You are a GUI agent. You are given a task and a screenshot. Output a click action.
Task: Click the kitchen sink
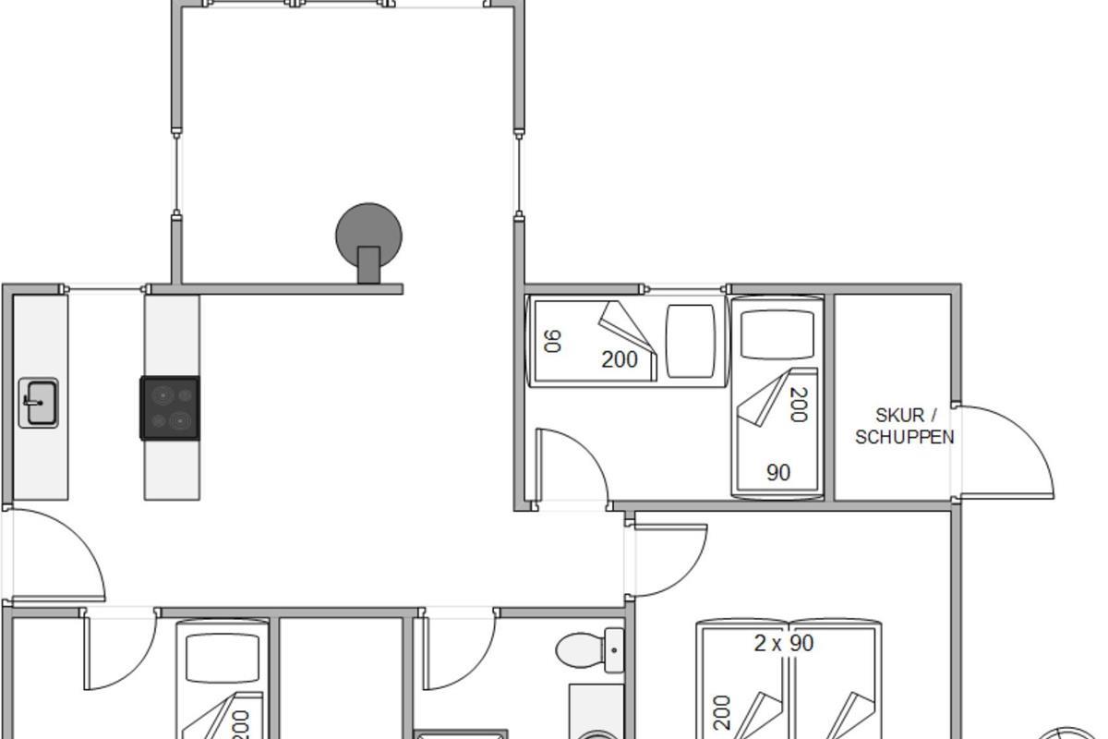coord(39,403)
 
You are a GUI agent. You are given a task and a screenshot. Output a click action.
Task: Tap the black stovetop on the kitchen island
coord(170,408)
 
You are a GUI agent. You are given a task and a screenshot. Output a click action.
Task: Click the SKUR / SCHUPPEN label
coord(905,426)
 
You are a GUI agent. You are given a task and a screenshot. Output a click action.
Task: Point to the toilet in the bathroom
coord(590,650)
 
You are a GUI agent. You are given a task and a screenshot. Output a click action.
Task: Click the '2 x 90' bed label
coord(784,644)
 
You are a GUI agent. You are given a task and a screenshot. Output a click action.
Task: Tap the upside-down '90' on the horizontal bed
coord(552,342)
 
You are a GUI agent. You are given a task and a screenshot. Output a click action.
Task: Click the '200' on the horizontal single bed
coord(620,360)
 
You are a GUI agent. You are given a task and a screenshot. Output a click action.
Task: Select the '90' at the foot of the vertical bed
coord(778,473)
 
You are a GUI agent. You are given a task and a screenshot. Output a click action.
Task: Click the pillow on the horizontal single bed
coord(691,342)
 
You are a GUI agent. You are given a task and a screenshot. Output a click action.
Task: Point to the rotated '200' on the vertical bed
coord(799,405)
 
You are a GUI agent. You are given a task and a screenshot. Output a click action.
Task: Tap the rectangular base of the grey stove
coord(369,265)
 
